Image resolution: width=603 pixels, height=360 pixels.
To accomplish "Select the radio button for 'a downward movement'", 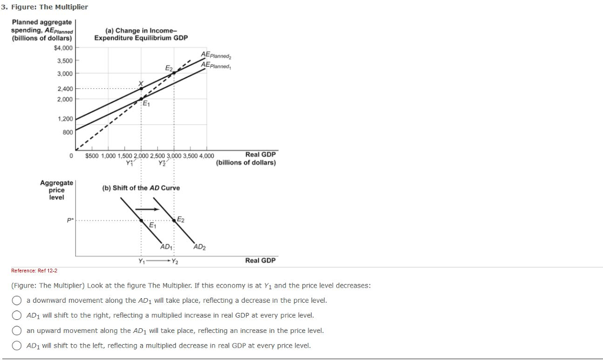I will coord(18,300).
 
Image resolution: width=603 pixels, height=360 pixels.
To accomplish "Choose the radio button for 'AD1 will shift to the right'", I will coord(18,315).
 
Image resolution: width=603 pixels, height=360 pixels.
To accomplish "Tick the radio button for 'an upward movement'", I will coord(18,331).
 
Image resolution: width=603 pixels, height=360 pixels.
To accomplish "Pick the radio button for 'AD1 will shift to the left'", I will coord(18,345).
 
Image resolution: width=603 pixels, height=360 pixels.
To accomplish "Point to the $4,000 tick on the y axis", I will coord(63,48).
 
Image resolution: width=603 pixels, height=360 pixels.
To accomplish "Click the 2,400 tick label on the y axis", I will coord(65,88).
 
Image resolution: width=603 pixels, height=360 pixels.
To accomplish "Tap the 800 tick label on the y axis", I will coord(68,132).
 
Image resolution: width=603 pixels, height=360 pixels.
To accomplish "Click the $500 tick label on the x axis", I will coord(92,156).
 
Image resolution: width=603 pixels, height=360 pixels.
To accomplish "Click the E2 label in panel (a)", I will coord(169,68).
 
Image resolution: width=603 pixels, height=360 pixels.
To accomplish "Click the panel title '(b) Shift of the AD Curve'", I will coord(141,188).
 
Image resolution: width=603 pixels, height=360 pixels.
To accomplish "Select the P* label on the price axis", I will coord(70,220).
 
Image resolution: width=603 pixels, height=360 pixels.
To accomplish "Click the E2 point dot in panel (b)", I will coord(174,220).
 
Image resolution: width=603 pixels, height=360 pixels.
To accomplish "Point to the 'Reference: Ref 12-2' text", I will coord(34,270).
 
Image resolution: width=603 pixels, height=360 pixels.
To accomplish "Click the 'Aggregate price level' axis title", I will coord(57,190).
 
